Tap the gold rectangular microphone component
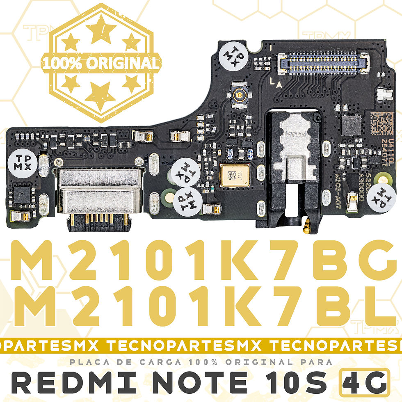tap(234, 175)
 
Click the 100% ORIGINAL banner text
tap(100, 63)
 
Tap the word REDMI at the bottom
tap(78, 382)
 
